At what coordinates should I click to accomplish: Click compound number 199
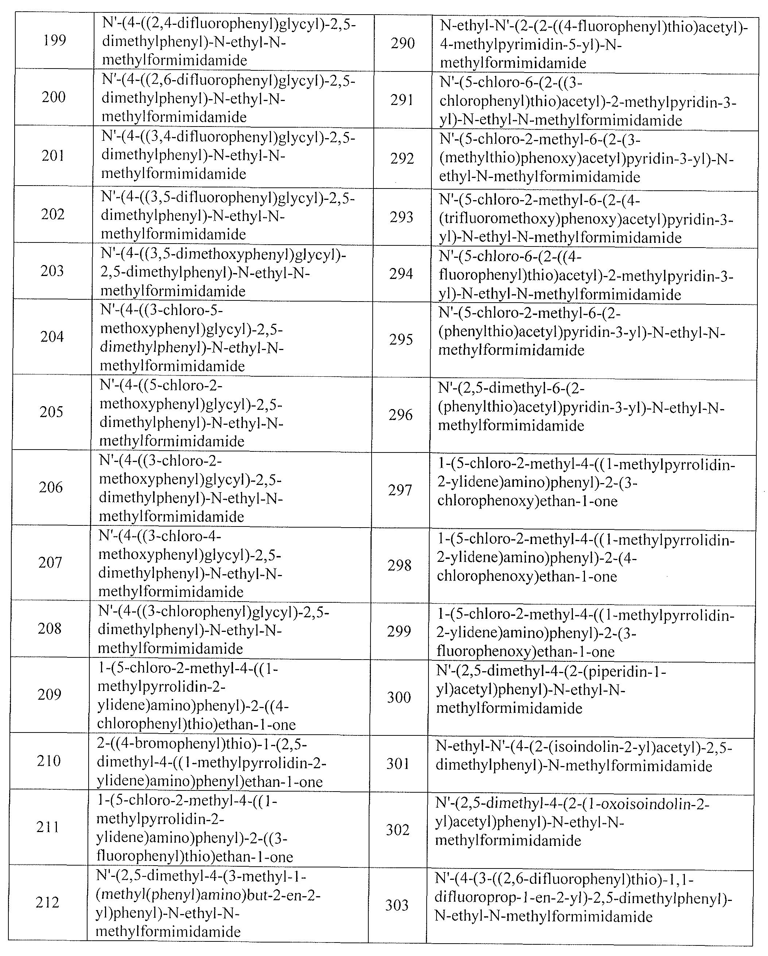coord(55,41)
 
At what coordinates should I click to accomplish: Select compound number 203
coord(52,271)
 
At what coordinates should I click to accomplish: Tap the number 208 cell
coord(49,628)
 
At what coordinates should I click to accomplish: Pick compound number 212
coord(47,902)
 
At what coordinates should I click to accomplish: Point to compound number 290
coord(403,43)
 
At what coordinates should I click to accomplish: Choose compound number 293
coord(401,217)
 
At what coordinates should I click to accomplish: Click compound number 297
coord(400,490)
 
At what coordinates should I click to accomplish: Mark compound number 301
coord(398,763)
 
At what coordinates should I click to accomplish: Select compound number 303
coord(397,905)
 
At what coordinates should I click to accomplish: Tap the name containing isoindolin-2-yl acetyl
coord(583,757)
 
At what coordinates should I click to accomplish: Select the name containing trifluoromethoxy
coord(585,219)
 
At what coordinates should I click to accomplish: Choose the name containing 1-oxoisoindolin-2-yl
coord(572,822)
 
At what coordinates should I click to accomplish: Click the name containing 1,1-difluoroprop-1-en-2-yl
coord(583,898)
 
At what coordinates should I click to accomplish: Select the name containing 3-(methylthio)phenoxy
coord(586,158)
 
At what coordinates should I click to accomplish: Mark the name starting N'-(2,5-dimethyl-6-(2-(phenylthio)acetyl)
coord(581,407)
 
